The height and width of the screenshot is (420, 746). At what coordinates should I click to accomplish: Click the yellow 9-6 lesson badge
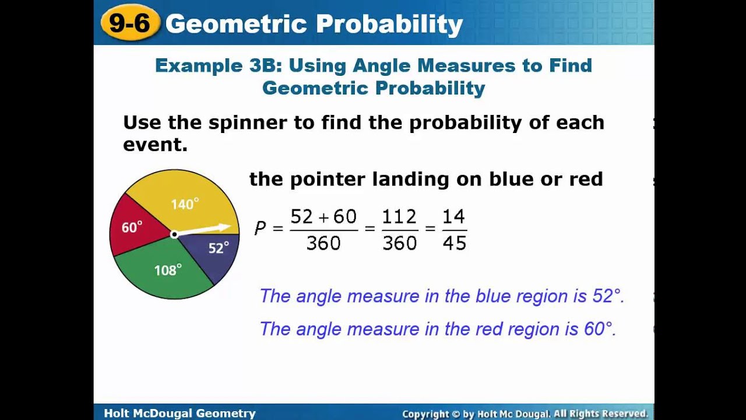point(130,23)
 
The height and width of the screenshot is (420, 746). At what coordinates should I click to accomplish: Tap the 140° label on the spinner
point(185,204)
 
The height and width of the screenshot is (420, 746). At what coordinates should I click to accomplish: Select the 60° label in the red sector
point(132,227)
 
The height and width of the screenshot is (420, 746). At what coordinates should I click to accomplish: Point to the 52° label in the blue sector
point(219,248)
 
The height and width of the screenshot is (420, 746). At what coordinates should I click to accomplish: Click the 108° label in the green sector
point(168,269)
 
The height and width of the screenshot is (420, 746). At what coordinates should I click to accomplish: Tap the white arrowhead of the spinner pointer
point(224,228)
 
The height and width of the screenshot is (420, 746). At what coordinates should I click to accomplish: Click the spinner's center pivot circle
point(174,235)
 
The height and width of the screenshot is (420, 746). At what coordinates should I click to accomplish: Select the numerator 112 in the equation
point(399,216)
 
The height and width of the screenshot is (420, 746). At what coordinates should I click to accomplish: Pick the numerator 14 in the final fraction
point(453,216)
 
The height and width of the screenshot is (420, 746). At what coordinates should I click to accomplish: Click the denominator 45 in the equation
point(455,243)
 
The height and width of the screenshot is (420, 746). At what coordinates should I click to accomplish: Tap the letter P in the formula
point(260,229)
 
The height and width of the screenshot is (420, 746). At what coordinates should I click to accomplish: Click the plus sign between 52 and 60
point(323,218)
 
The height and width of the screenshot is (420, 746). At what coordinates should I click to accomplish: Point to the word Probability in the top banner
point(389,24)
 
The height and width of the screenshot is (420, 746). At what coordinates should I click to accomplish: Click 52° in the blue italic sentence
point(607,296)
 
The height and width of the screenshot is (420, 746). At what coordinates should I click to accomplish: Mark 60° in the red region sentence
point(599,328)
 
